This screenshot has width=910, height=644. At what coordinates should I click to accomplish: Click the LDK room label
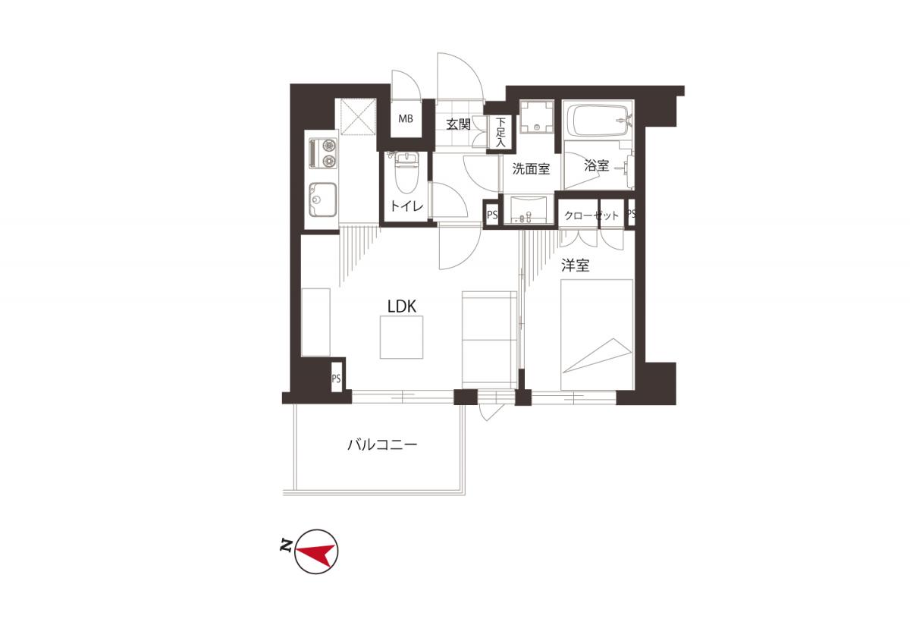point(402,306)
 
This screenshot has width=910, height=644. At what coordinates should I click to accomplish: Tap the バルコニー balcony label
point(382,445)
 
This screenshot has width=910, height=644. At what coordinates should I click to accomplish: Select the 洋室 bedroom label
point(576,265)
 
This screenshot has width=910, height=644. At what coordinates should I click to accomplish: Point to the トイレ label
point(407,206)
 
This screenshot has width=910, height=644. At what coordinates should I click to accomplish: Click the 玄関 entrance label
point(458,124)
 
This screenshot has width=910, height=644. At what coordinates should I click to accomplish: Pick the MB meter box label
point(406,118)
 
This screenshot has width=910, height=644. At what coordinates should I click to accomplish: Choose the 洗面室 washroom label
point(531,168)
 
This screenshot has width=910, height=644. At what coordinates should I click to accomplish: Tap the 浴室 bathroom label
point(596,165)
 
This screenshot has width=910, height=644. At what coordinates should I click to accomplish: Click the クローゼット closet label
point(591,215)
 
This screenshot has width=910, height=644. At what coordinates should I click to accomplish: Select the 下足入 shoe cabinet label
point(500,132)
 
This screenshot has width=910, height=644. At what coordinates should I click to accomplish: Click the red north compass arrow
point(315,553)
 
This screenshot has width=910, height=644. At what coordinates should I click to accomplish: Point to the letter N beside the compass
point(287,545)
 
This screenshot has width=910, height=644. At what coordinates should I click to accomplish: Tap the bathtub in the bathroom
point(598,121)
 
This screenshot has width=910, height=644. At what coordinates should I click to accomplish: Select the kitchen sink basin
point(322,199)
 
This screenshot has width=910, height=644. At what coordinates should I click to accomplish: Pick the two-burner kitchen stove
point(323,152)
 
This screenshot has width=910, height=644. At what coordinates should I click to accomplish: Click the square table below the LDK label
point(401,338)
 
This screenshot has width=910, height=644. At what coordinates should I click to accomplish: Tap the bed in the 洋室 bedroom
point(597,335)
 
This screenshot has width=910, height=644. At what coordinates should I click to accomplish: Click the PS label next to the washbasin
point(492,214)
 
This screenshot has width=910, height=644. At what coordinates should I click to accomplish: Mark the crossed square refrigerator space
point(358,116)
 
